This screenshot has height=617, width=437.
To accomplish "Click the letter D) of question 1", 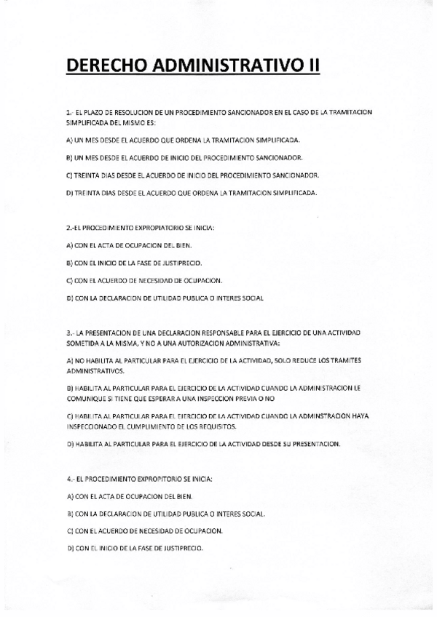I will pos(69,192).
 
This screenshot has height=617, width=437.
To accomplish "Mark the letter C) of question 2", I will pos(69,281).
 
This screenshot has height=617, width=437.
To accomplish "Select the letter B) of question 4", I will pos(69,514).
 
